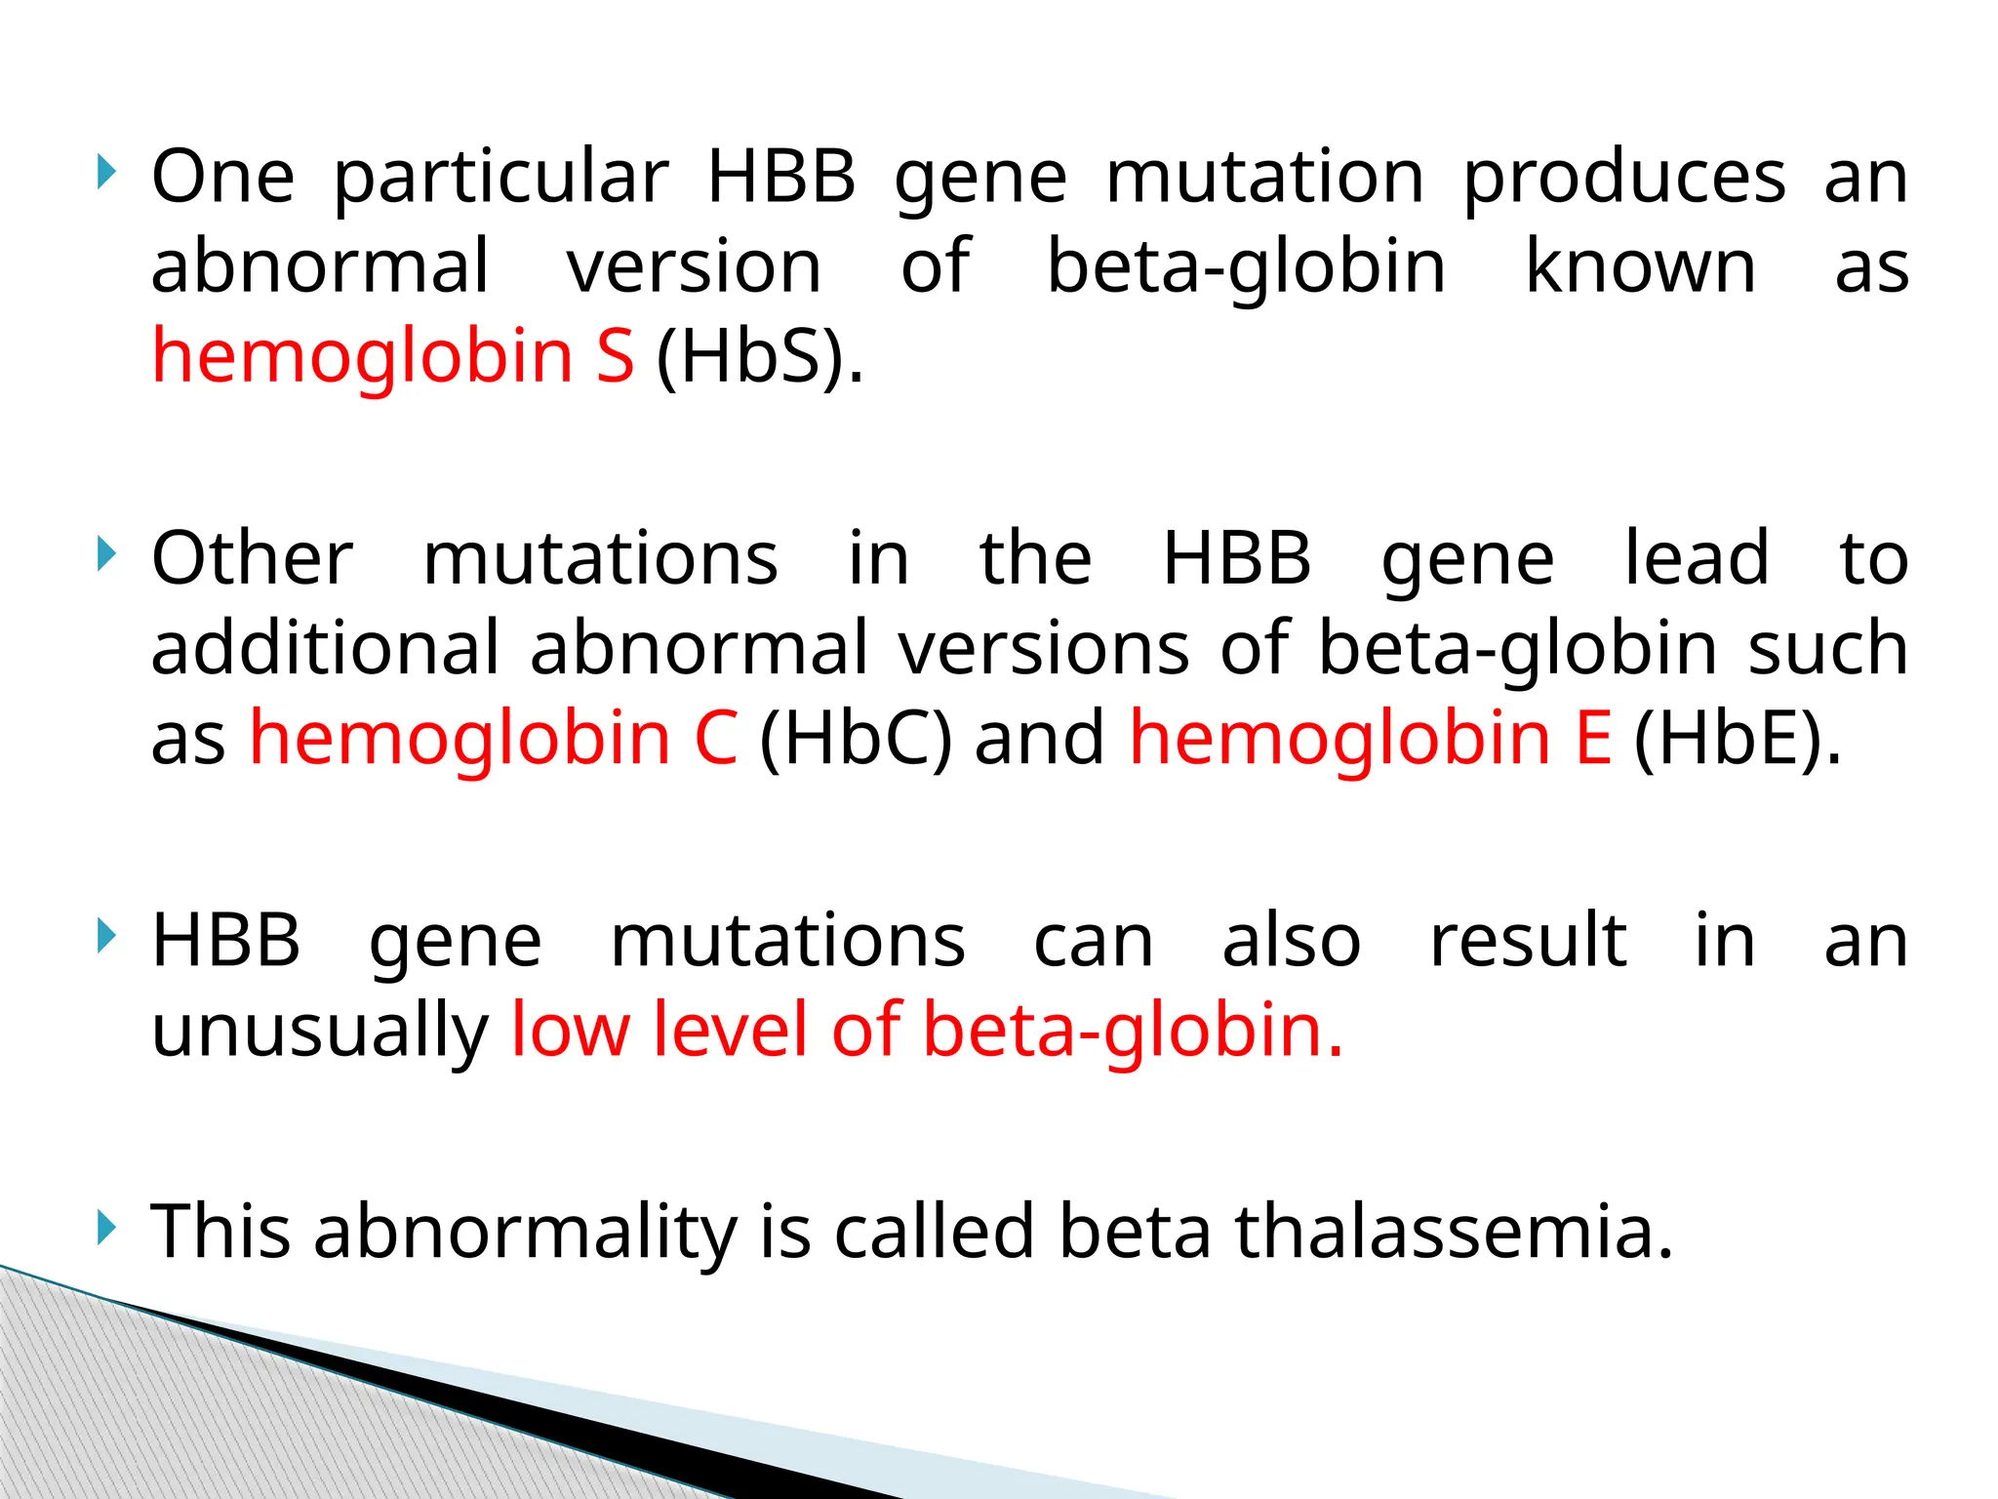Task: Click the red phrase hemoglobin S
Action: [392, 356]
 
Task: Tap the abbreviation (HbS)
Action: [759, 356]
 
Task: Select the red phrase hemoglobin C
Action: [494, 738]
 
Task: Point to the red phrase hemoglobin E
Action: [1370, 738]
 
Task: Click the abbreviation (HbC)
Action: [855, 738]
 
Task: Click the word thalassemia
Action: [1454, 1232]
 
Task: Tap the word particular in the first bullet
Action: [501, 180]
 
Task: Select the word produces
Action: [1624, 180]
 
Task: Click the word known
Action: [1640, 266]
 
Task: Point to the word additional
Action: [325, 648]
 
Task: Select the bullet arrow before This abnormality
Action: [106, 1228]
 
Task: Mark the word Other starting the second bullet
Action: [252, 559]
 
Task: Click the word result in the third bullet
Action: [1528, 941]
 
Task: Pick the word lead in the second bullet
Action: [1696, 559]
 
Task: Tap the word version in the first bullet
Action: [695, 266]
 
